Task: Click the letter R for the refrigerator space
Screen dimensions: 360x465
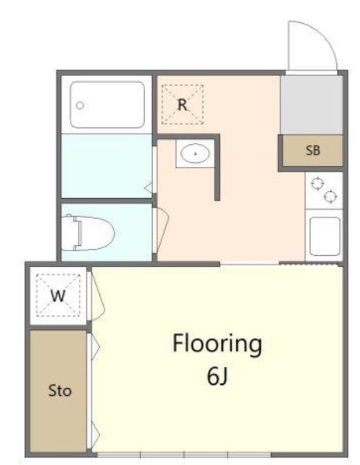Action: click(182, 105)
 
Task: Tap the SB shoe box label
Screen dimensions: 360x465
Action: click(313, 151)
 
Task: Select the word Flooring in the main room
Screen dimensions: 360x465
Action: click(217, 344)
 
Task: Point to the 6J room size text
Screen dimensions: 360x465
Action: click(217, 376)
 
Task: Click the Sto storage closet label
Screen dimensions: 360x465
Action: click(60, 391)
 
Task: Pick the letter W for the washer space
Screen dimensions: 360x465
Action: click(58, 295)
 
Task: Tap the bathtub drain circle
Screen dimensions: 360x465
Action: click(80, 105)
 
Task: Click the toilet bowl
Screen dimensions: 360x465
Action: click(95, 233)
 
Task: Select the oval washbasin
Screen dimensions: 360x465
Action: click(195, 153)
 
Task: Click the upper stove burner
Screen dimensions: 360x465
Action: click(316, 183)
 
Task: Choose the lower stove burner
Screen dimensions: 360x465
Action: click(330, 196)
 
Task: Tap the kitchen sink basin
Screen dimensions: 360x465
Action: click(325, 236)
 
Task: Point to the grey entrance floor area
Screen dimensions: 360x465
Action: click(311, 105)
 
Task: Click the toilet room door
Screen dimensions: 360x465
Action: click(161, 230)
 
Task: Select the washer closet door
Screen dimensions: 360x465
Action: click(96, 296)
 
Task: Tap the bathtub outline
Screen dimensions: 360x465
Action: click(107, 105)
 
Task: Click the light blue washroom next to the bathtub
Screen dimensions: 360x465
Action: click(107, 166)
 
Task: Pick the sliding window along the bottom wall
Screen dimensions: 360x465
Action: click(184, 455)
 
